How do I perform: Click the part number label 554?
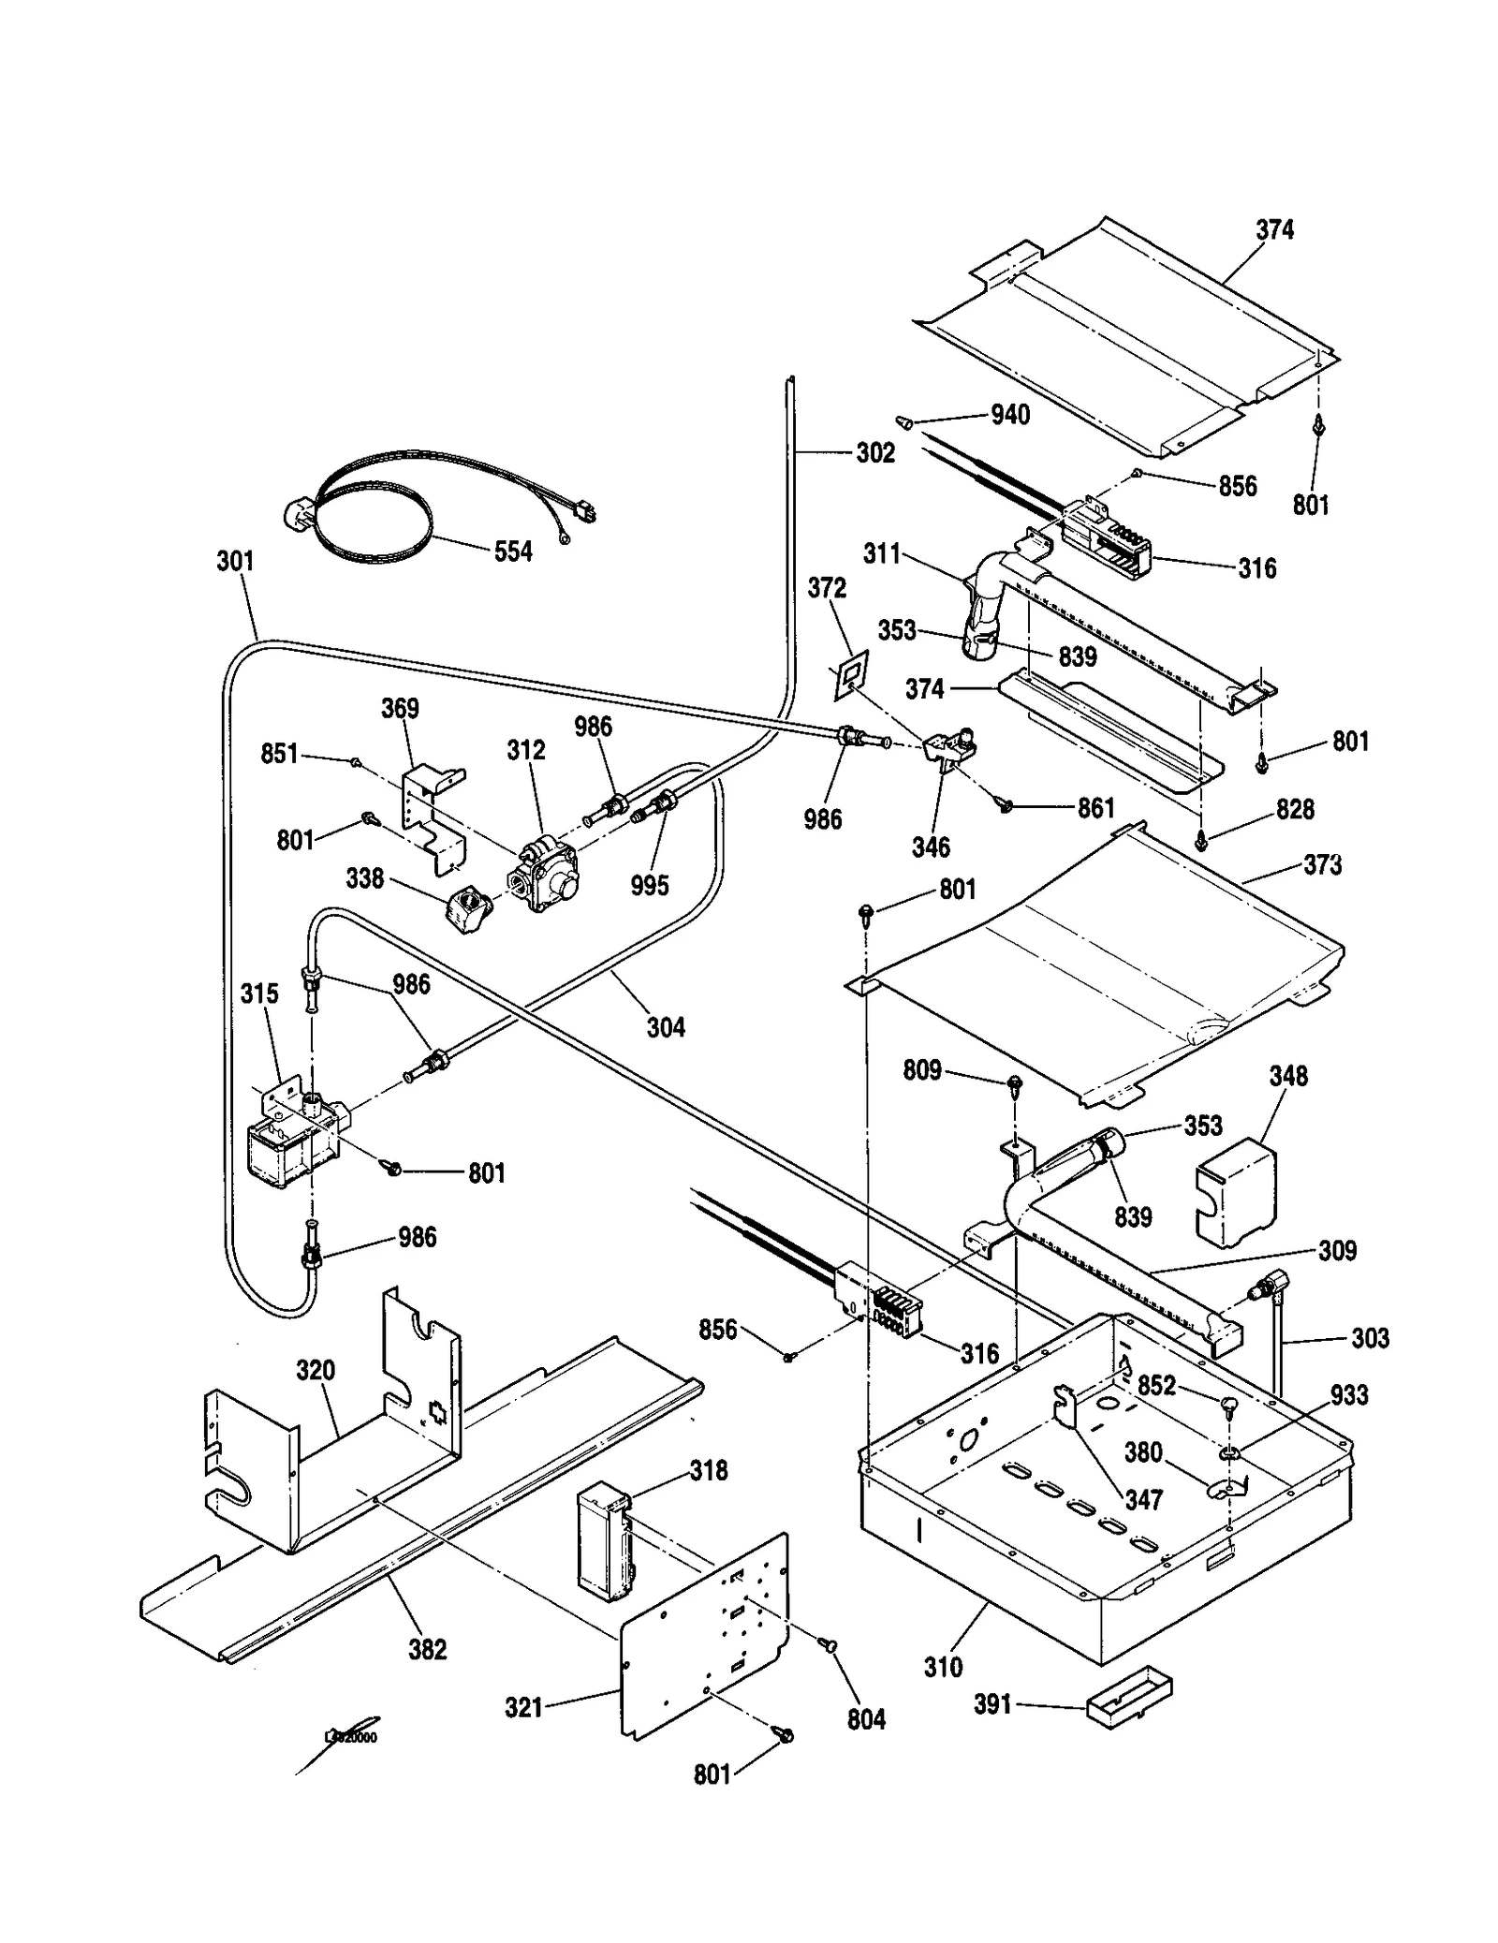(512, 552)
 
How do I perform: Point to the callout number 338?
(364, 878)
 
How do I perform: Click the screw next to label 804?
(828, 1645)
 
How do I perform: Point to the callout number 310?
(943, 1667)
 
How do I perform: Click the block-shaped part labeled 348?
(1236, 1192)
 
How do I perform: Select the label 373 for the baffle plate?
(1322, 864)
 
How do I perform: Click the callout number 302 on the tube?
(875, 453)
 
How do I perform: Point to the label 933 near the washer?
(1349, 1395)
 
